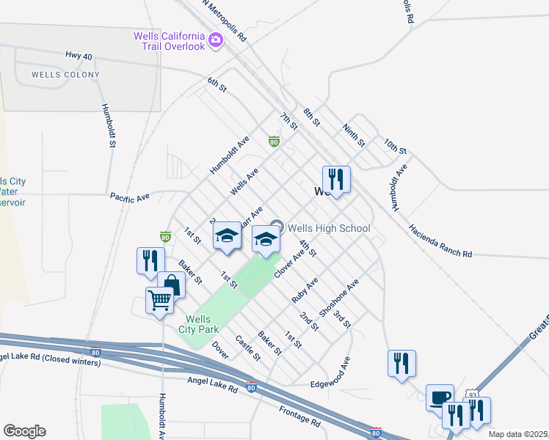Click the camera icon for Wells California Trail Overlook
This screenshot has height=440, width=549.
[x=216, y=41]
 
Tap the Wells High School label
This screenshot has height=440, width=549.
[x=329, y=228]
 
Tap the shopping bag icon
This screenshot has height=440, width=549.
[x=172, y=284]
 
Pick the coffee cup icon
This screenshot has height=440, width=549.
[x=440, y=397]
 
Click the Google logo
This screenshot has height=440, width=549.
[x=24, y=431]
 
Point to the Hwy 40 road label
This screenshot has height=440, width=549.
[x=80, y=56]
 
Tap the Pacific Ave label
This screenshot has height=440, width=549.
[x=130, y=197]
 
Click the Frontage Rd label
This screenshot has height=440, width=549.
[x=299, y=417]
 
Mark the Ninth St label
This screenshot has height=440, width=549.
[x=353, y=134]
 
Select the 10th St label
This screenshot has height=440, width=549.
[x=394, y=144]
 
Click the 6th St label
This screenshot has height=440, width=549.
[x=218, y=85]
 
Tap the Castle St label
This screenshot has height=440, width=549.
[x=247, y=348]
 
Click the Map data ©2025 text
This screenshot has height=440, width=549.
[x=518, y=434]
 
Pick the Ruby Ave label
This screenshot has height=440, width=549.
[x=305, y=290]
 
